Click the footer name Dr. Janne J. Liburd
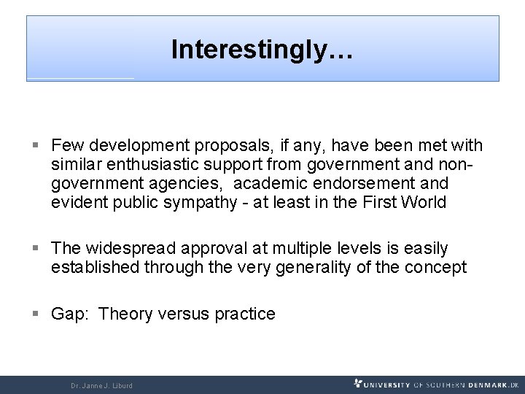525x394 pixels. pos(101,385)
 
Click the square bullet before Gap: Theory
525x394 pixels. pos(36,314)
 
